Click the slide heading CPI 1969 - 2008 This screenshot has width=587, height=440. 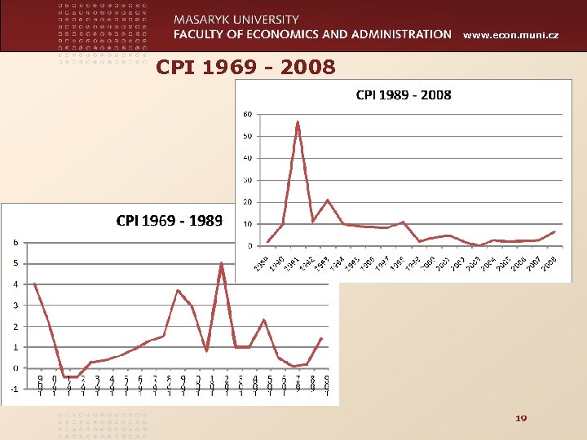pos(245,67)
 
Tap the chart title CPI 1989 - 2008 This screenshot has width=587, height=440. pos(404,95)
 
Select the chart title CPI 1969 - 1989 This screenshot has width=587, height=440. pos(170,220)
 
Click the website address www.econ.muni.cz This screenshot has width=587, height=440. pos(510,35)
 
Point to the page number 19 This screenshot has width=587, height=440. pos(521,418)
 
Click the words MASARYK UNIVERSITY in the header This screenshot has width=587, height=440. pos(236,19)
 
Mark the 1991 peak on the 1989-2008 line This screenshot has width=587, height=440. pos(298,121)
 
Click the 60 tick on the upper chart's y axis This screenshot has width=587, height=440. pos(247,114)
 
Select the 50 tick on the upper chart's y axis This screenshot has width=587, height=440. pos(247,136)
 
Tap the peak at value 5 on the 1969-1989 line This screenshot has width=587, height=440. pos(221,263)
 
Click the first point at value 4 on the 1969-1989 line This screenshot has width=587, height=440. pos(35,284)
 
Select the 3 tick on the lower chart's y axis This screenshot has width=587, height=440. pos(15,306)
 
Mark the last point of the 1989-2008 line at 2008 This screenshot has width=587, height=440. pos(554,232)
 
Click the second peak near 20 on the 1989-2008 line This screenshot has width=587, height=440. pos(328,200)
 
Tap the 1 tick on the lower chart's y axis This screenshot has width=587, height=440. pos(15,347)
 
